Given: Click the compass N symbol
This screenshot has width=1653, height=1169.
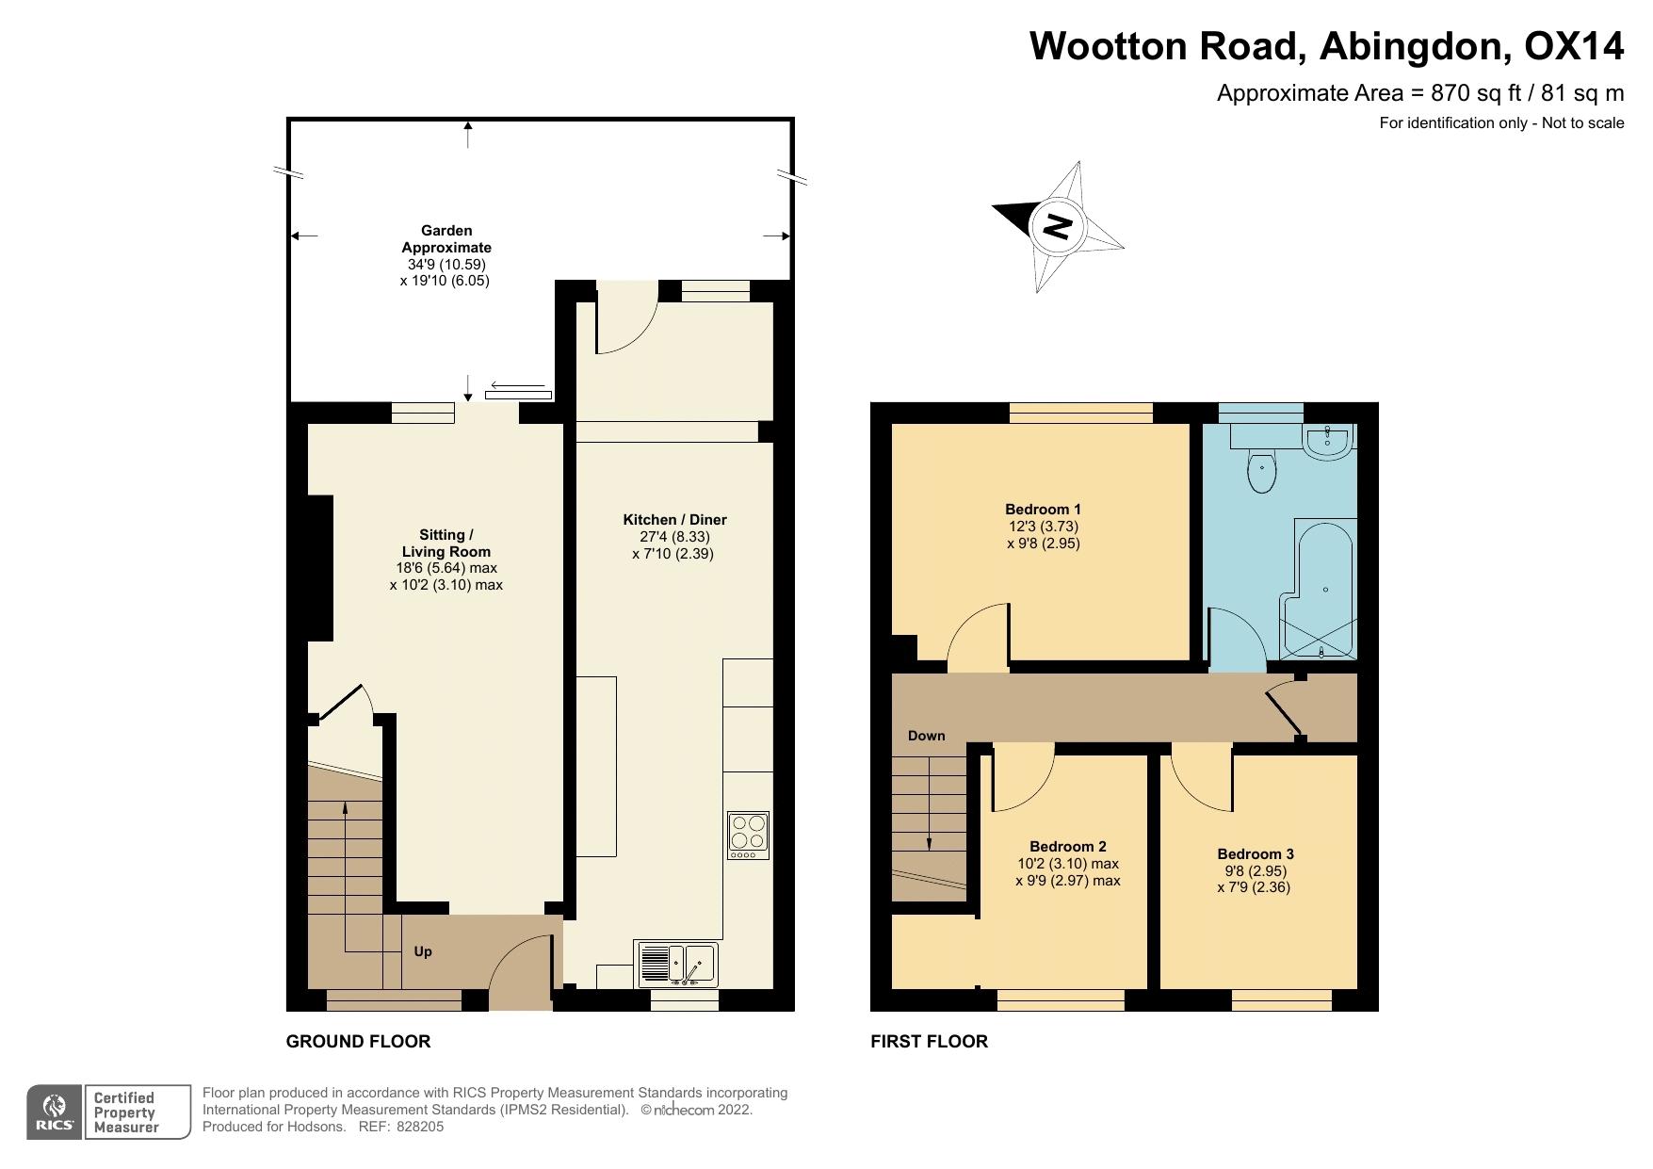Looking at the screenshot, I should (1058, 226).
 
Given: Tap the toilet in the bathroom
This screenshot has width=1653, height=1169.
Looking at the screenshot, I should (1260, 471).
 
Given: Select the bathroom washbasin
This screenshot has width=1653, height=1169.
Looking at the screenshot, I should (1328, 441).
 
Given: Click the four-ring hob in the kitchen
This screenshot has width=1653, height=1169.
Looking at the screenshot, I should (748, 835).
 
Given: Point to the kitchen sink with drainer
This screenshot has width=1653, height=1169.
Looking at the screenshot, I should (677, 964).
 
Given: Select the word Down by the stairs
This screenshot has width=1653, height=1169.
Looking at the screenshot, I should (926, 736).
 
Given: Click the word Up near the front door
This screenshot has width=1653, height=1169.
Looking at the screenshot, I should (423, 951).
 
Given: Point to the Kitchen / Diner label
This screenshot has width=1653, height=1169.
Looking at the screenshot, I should (674, 520).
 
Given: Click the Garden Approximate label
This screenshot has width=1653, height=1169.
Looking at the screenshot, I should (446, 238).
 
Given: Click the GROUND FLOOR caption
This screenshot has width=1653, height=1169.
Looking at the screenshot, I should (358, 1041).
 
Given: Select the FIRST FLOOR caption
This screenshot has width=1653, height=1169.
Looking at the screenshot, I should (929, 1041).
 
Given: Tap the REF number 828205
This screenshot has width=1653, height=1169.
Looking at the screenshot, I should (419, 1127).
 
